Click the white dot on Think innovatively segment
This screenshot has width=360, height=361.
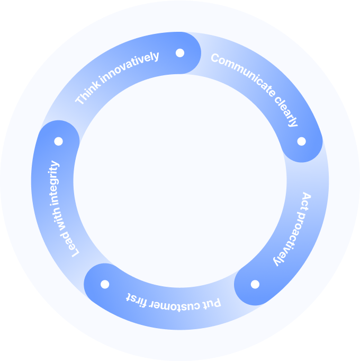click(180, 53)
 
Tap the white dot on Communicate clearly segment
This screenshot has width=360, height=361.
click(301, 141)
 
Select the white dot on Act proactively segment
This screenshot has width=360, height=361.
click(255, 284)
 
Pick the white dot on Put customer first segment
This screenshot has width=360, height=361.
click(104, 284)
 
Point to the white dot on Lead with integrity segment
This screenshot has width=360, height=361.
click(58, 142)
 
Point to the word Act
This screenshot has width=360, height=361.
click(306, 201)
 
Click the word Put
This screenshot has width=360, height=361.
click(213, 304)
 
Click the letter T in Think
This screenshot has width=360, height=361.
click(80, 100)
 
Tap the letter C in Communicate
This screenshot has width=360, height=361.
click(215, 58)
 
